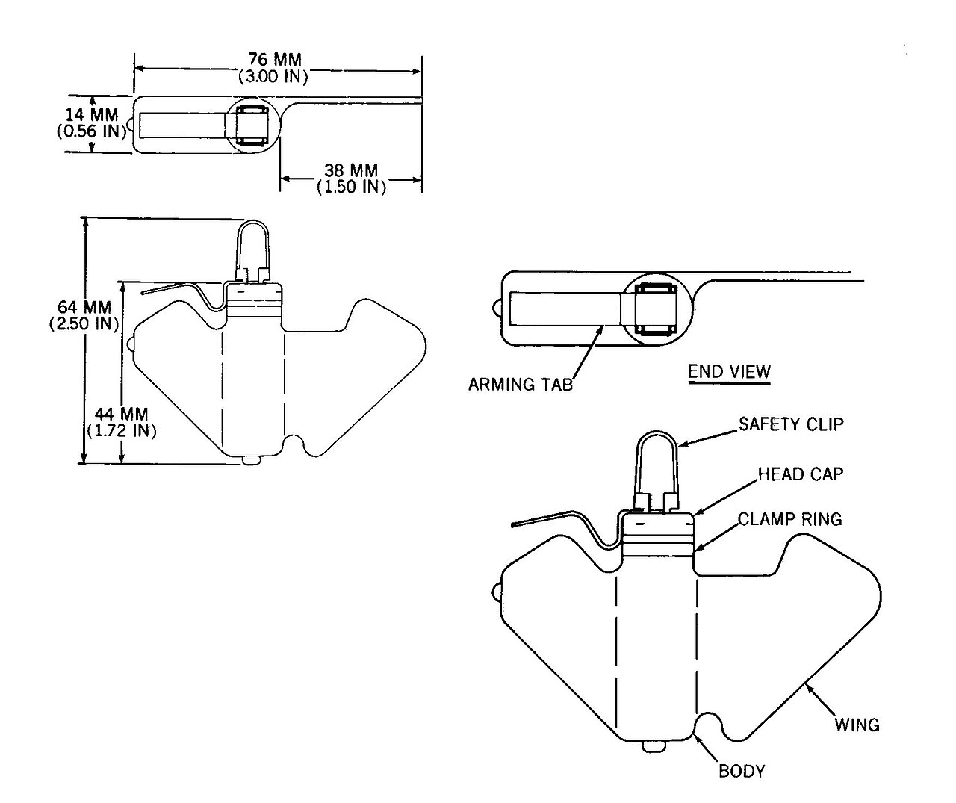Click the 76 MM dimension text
(275, 60)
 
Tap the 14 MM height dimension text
(92, 114)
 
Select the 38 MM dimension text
(351, 170)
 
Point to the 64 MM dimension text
(84, 307)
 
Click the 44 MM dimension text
(121, 414)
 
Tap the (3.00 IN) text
(273, 76)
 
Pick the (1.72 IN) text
(122, 431)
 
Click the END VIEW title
(730, 371)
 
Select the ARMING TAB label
(521, 385)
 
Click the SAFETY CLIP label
(791, 424)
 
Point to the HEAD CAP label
(801, 474)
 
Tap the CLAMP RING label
(790, 519)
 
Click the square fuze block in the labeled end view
(657, 310)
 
